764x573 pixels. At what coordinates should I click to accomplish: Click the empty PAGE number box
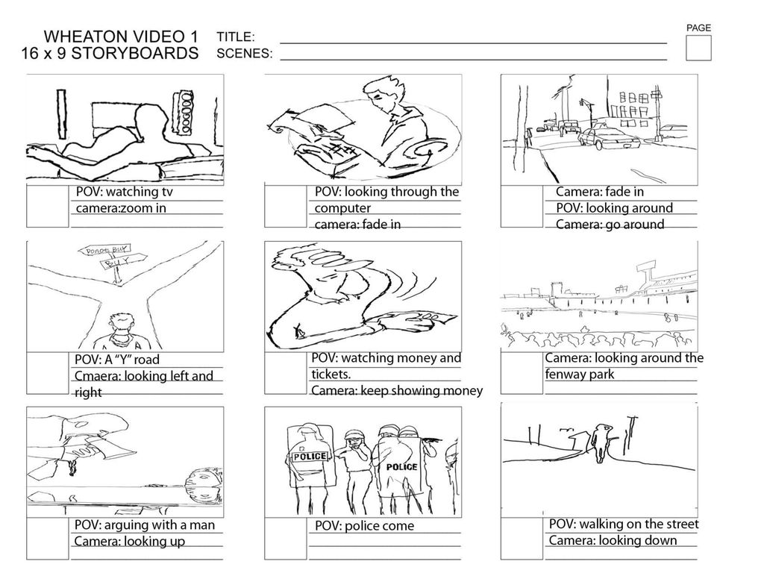698,48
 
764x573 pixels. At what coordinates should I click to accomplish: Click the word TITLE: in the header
236,37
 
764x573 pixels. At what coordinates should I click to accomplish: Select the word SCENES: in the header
244,54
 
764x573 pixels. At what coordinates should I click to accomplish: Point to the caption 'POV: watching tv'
125,192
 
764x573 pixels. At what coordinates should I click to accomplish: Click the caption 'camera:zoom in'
121,208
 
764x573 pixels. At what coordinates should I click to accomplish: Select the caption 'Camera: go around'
610,225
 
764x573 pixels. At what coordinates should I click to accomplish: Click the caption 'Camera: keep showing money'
397,390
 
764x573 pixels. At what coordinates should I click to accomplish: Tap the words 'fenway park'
580,374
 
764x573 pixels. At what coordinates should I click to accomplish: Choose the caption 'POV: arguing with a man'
145,525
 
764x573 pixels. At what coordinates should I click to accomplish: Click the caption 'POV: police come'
364,526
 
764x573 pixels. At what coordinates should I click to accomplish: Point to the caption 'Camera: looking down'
613,540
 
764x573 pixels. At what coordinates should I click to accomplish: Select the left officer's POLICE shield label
309,457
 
